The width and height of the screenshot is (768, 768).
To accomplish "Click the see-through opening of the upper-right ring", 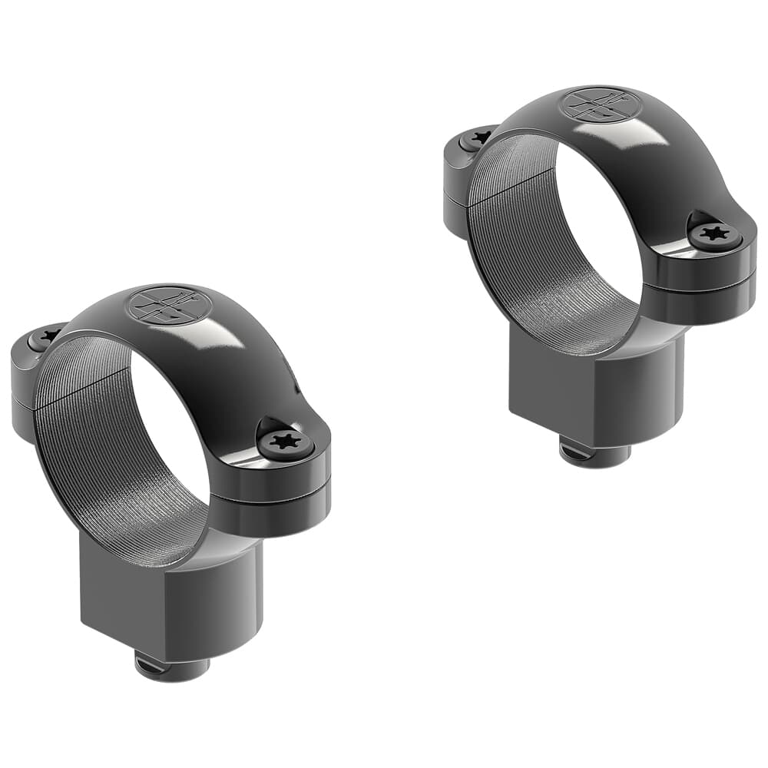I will [x=599, y=230].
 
